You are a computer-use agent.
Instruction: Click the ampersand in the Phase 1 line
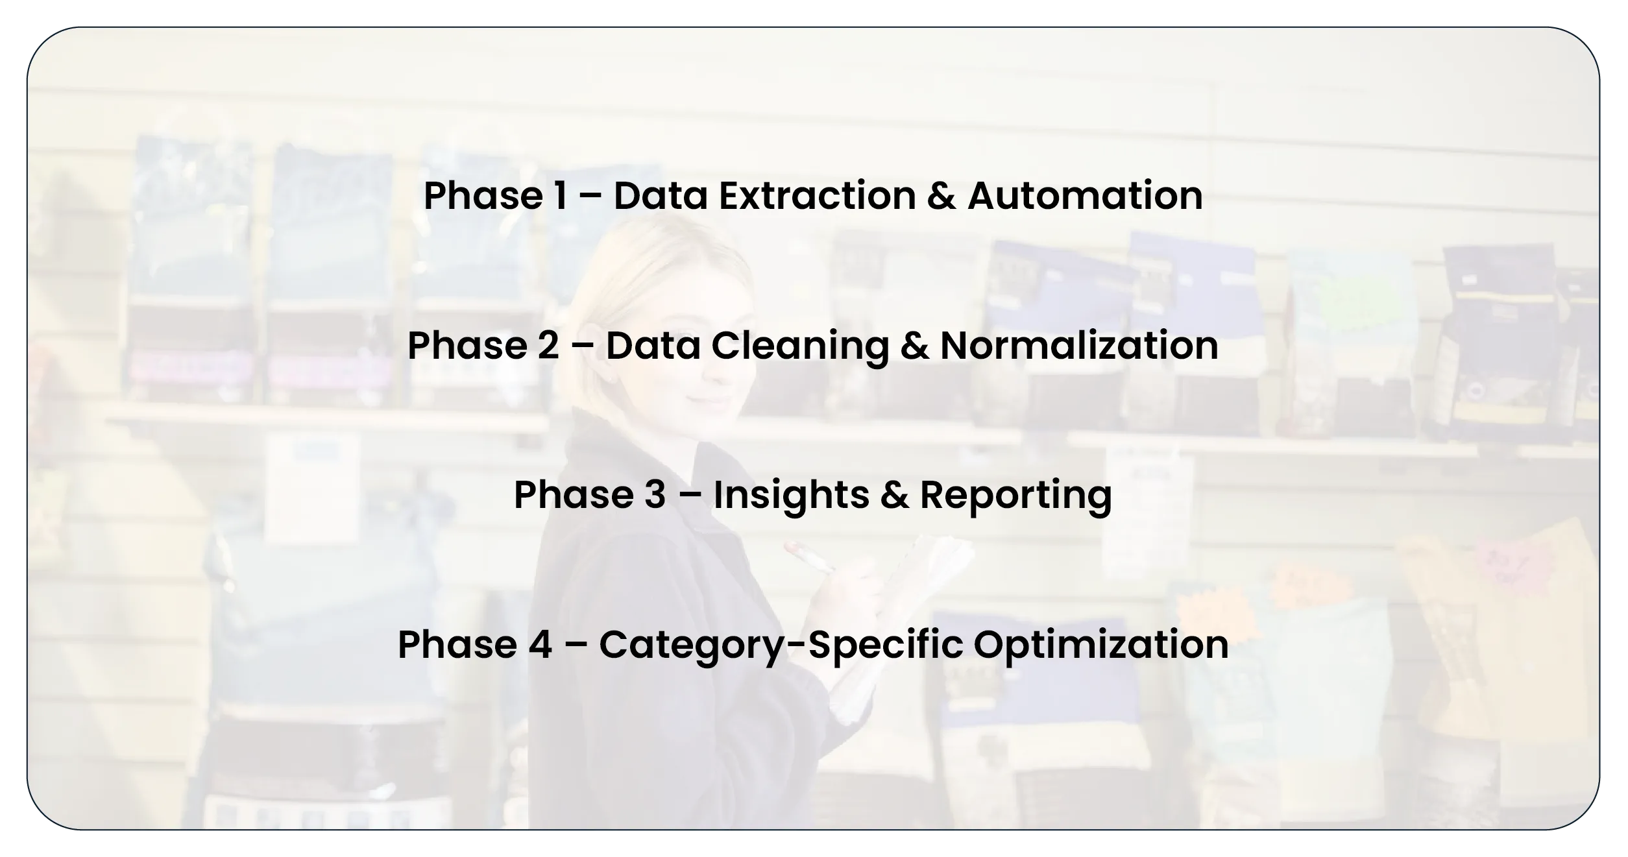point(942,195)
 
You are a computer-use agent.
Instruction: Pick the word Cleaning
point(800,346)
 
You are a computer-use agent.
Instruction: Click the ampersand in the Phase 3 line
point(895,495)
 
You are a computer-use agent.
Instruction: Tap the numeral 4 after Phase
point(540,644)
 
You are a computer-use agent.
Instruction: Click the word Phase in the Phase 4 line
point(457,644)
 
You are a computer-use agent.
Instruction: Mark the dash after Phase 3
point(690,496)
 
